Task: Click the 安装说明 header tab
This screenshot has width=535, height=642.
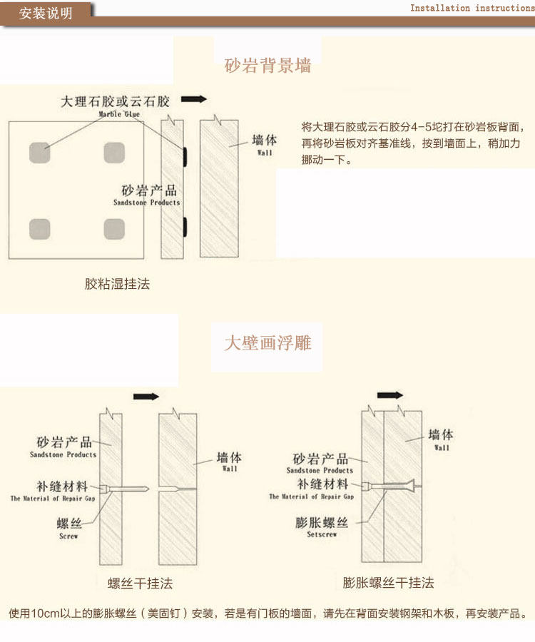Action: [46, 13]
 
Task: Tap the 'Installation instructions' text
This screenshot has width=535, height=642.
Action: [472, 8]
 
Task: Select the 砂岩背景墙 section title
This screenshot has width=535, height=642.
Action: [267, 66]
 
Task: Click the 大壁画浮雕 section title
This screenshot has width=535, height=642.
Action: [267, 343]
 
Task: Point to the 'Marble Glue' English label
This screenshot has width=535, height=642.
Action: [119, 114]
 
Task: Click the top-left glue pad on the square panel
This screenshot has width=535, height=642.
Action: [40, 153]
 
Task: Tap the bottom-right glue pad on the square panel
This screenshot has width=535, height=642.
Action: [114, 228]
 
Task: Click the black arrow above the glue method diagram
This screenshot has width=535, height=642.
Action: [194, 99]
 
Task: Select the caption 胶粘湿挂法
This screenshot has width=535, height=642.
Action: [118, 284]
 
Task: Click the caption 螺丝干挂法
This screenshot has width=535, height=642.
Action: [141, 584]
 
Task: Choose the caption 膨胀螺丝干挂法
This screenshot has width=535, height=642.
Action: [389, 583]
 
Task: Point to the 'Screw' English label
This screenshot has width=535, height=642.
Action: [68, 536]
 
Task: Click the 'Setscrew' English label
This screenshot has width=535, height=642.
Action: [321, 534]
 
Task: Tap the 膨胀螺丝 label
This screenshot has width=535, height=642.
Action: [322, 523]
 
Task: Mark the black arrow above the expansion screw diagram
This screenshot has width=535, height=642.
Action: [390, 394]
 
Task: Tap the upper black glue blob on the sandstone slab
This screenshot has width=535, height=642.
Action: [184, 153]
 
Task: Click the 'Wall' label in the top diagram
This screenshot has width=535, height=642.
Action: [265, 152]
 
